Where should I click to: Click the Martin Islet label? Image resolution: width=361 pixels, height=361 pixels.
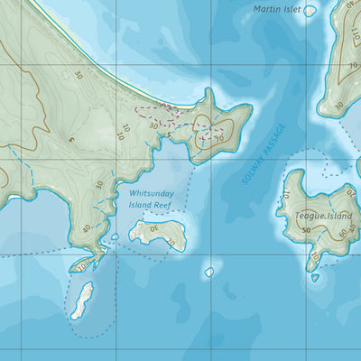click(277, 9)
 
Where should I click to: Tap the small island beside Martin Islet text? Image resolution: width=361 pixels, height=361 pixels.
click(310, 11)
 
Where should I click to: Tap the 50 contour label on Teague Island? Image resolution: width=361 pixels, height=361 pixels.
click(307, 231)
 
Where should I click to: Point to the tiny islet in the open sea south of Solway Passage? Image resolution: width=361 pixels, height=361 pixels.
click(209, 271)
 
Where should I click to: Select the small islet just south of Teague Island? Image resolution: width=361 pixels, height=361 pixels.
click(315, 278)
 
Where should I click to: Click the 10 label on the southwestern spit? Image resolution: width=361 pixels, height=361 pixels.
click(83, 266)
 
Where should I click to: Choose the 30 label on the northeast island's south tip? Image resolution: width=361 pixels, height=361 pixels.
click(338, 106)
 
